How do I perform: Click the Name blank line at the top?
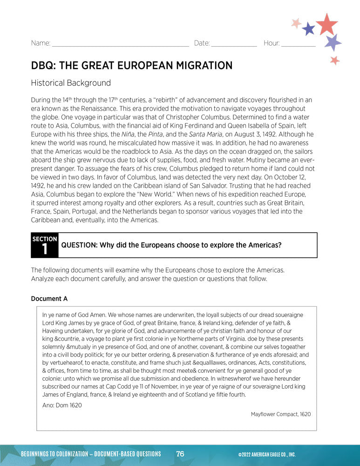click(x=120, y=45)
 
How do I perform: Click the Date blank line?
click(x=234, y=45)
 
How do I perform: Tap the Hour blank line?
click(x=298, y=45)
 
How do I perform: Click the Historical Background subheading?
click(x=71, y=83)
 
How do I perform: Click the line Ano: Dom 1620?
click(x=62, y=405)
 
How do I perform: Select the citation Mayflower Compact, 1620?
click(x=280, y=414)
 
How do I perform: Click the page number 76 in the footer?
click(x=180, y=454)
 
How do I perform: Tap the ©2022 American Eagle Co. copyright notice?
click(x=266, y=454)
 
